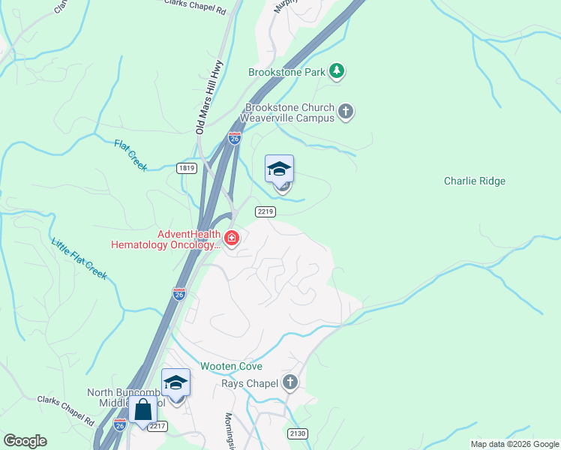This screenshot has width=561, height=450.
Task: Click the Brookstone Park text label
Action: click(287, 73)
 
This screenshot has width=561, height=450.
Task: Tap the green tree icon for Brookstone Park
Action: click(337, 71)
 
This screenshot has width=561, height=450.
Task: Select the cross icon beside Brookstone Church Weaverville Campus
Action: click(345, 112)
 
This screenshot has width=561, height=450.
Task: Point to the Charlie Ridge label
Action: click(475, 181)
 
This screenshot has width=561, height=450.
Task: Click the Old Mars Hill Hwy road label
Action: click(209, 97)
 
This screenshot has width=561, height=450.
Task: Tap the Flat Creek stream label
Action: click(130, 154)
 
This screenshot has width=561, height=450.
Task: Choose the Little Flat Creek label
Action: click(79, 259)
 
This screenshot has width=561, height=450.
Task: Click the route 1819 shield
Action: click(187, 168)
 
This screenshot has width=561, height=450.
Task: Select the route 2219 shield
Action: click(265, 212)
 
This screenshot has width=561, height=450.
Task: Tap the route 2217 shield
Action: click(156, 426)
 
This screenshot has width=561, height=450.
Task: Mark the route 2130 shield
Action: click(298, 433)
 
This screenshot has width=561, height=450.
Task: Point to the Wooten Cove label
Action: click(231, 367)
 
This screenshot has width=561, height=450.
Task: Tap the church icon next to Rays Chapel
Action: click(290, 383)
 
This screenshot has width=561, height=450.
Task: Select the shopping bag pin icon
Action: click(142, 410)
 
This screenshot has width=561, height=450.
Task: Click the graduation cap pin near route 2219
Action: click(279, 169)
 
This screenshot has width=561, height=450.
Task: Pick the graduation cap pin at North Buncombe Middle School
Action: click(175, 383)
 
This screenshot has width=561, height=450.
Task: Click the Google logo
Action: click(25, 441)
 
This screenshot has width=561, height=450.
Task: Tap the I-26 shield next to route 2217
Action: click(120, 424)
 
